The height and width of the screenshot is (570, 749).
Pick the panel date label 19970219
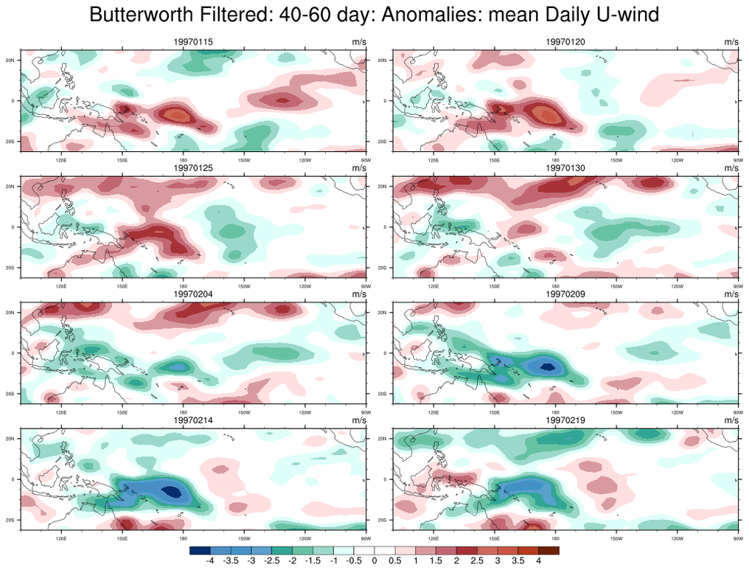[x=565, y=420]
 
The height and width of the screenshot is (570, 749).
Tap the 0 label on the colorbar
[x=374, y=561]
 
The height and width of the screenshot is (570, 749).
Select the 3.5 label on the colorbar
[x=518, y=561]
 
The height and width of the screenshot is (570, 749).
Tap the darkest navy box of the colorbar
[x=199, y=550]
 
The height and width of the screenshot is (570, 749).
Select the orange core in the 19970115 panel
[x=175, y=114]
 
